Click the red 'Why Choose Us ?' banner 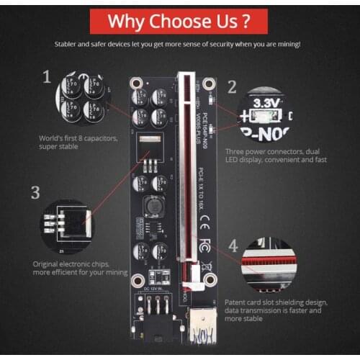[x=180, y=19]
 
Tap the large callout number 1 [x=48, y=76]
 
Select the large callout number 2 [x=232, y=87]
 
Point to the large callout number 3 [x=35, y=192]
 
